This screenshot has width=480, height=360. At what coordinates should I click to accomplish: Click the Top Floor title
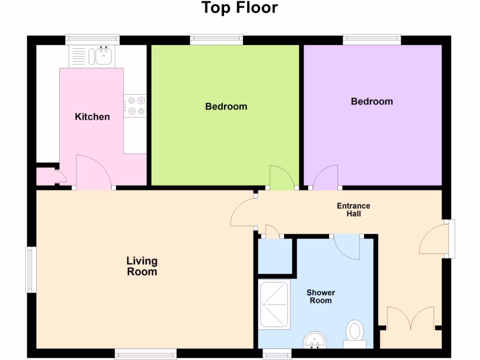(240, 8)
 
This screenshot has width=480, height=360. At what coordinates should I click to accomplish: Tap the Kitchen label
(92, 117)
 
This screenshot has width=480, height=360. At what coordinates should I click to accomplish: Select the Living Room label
(142, 266)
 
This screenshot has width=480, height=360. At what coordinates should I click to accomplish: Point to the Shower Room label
(321, 297)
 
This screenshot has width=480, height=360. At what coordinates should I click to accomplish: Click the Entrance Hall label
(353, 210)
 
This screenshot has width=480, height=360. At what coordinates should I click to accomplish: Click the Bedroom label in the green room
(226, 106)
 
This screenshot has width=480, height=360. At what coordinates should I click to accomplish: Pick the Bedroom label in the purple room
(372, 101)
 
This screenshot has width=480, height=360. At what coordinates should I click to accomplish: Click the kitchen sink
(103, 56)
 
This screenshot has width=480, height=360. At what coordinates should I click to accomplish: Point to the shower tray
(275, 304)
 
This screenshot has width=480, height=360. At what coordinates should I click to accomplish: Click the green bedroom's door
(281, 179)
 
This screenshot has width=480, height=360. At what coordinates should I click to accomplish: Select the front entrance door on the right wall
(432, 239)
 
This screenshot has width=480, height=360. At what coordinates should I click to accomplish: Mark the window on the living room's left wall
(31, 270)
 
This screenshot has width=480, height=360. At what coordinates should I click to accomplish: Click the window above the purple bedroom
(372, 40)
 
